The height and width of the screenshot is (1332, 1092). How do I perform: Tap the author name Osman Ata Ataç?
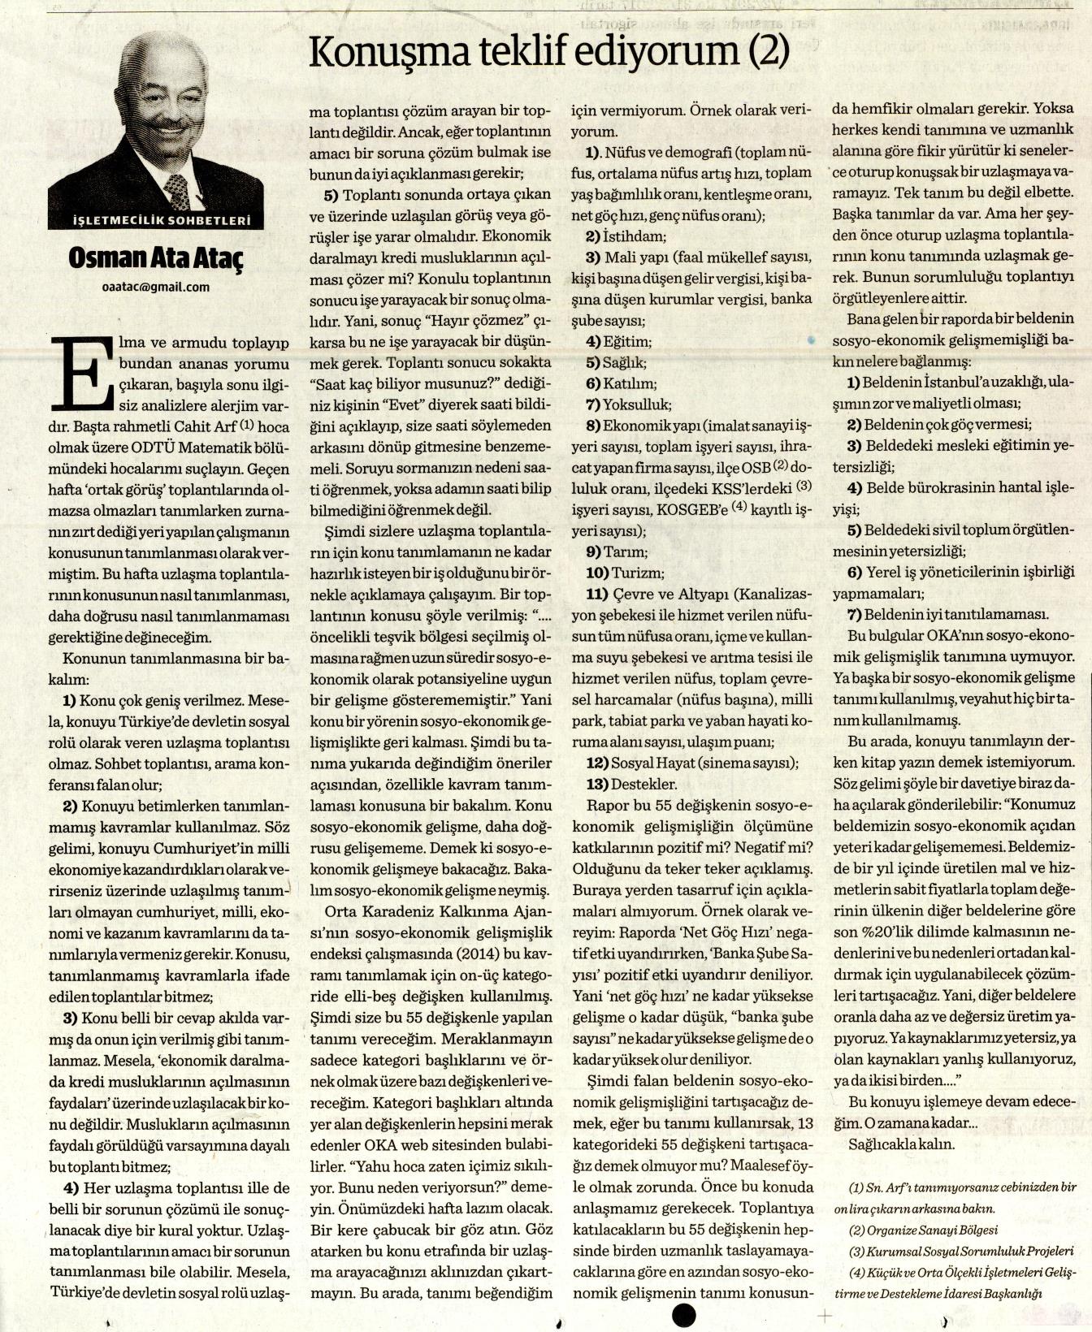pos(156,258)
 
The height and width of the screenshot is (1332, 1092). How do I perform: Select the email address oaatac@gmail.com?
pos(156,287)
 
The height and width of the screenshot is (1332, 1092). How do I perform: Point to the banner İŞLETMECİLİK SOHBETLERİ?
pos(157,221)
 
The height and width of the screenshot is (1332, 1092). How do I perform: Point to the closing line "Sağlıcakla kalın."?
pos(901,1144)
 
